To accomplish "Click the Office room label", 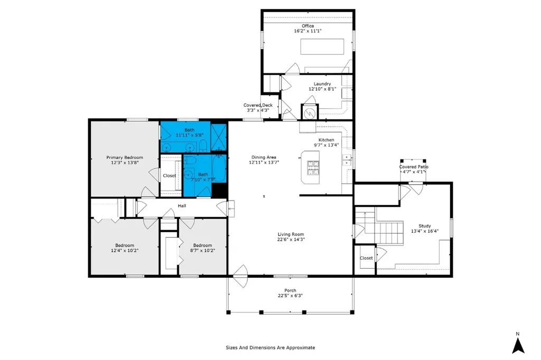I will point(307,26).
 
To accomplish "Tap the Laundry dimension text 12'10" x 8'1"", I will point(322,89).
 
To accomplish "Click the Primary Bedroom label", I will point(124,157).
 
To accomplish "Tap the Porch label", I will point(290,290).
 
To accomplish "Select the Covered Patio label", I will point(413,167).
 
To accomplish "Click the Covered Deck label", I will point(258,105).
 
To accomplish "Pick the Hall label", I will point(182,206).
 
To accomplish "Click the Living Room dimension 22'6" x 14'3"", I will point(291,240).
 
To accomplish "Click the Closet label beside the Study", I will point(366,258).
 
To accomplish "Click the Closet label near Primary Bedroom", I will point(169,176).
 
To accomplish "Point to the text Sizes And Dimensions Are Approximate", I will point(270,348).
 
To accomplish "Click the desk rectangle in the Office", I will point(323,46).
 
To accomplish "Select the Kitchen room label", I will point(325,140).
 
